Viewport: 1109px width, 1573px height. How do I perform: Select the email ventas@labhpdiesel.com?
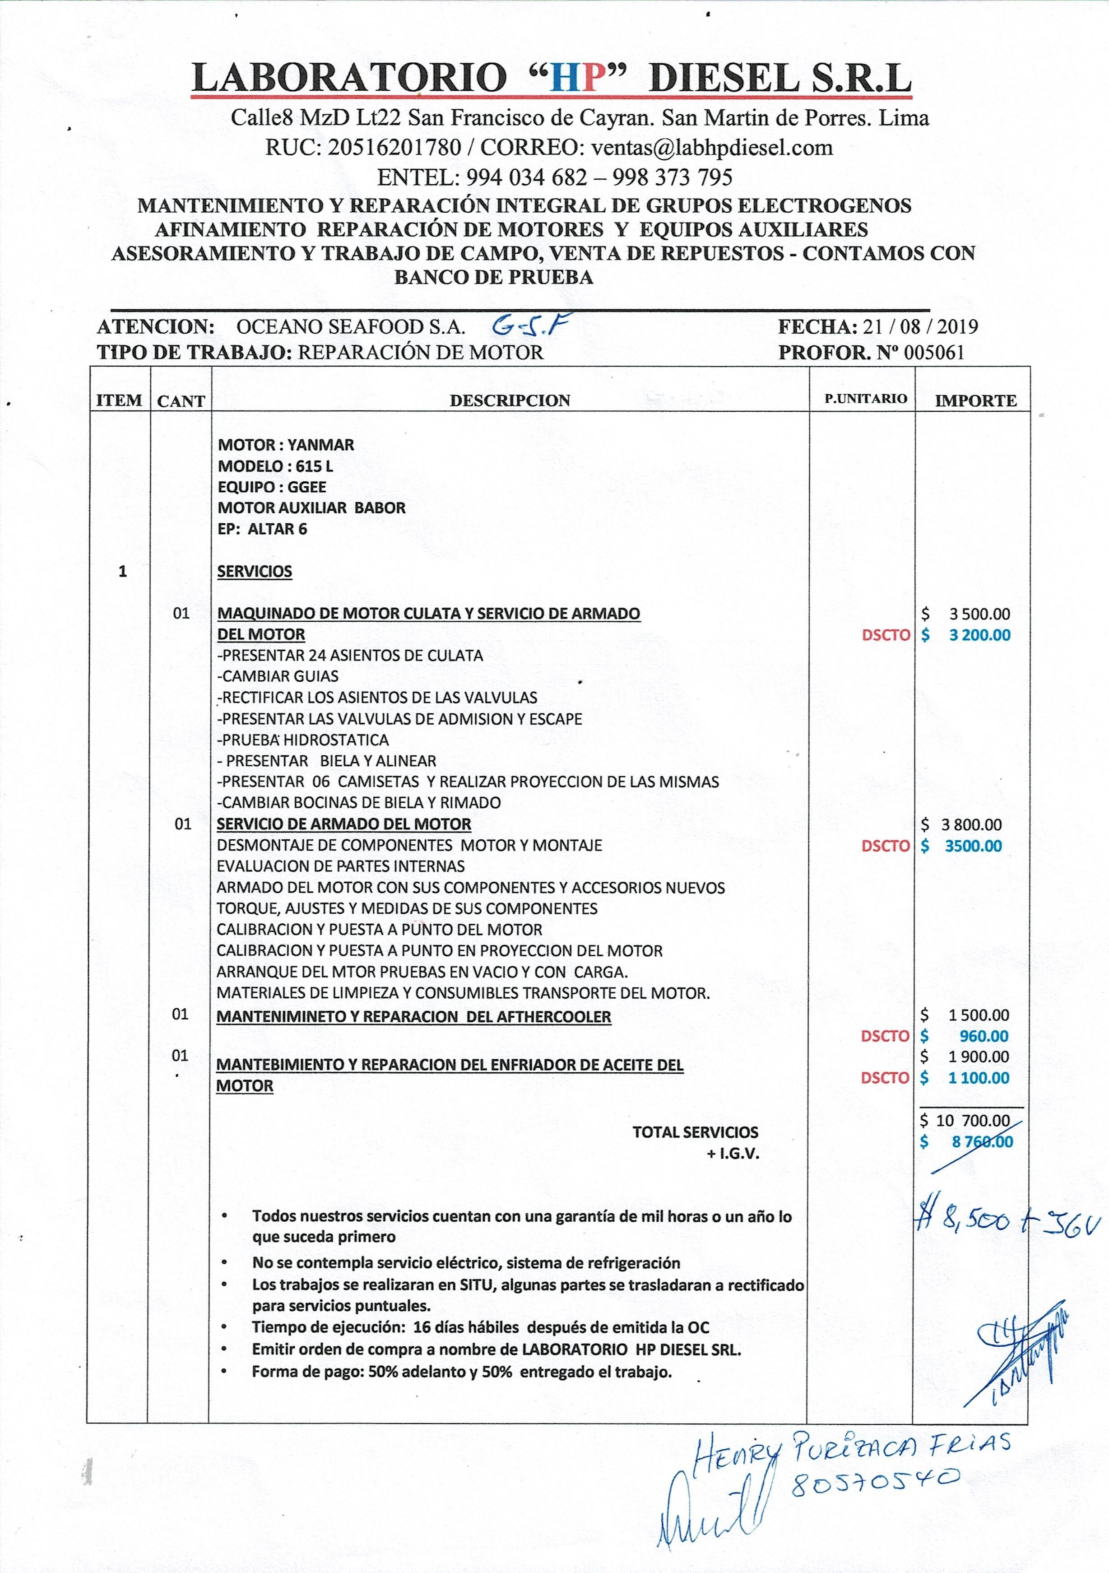tap(712, 147)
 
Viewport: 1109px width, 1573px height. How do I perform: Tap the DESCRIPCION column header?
tap(510, 401)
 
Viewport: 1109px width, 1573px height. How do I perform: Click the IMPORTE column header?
tap(975, 401)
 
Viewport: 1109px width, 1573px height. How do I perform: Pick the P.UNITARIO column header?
tap(865, 399)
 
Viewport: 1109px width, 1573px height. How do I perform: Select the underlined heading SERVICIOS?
tap(255, 572)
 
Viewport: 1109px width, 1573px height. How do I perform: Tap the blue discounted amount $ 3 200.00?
tap(966, 635)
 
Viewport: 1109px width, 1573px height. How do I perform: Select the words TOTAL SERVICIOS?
tap(695, 1132)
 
